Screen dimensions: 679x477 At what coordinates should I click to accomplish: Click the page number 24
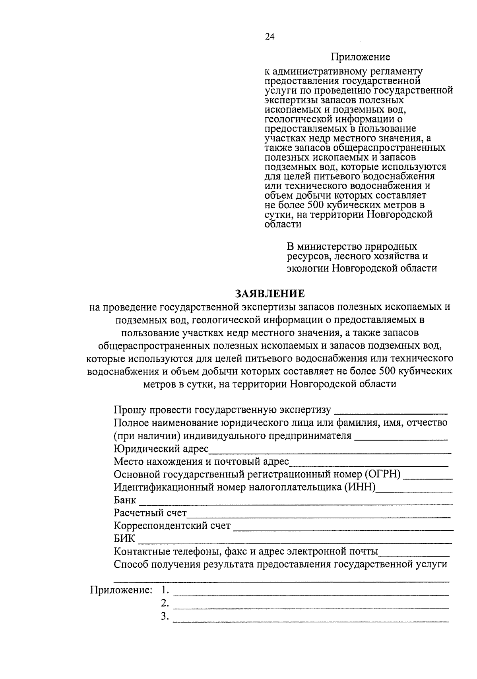tap(270, 37)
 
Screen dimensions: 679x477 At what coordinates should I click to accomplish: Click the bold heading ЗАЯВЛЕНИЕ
tap(270, 293)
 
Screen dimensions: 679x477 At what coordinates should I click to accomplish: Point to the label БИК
tap(124, 539)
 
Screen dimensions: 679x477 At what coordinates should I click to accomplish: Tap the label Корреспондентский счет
tap(172, 526)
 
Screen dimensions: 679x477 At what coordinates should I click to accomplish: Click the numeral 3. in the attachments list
tap(165, 617)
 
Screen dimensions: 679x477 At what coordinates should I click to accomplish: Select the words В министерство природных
tap(352, 247)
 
